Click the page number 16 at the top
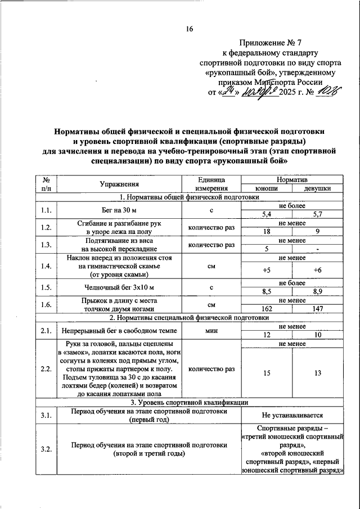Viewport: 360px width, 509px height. tap(190, 29)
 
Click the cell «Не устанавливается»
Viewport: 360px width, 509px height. tap(292, 416)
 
